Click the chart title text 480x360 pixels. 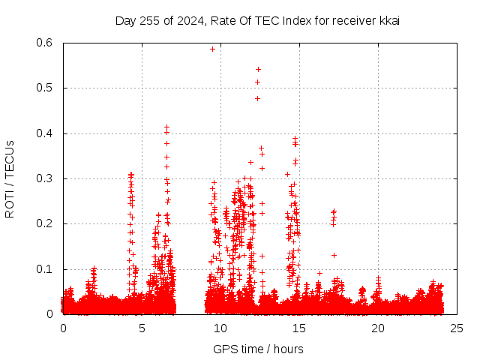[257, 20]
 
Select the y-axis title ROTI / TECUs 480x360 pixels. [10, 178]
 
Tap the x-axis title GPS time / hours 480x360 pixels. [258, 349]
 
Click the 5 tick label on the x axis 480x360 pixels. [142, 328]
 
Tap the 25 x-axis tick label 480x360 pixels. [457, 328]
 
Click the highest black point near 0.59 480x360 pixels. [212, 49]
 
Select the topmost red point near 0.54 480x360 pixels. [258, 69]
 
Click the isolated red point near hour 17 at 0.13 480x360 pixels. [334, 255]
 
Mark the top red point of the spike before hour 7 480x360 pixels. [166, 127]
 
